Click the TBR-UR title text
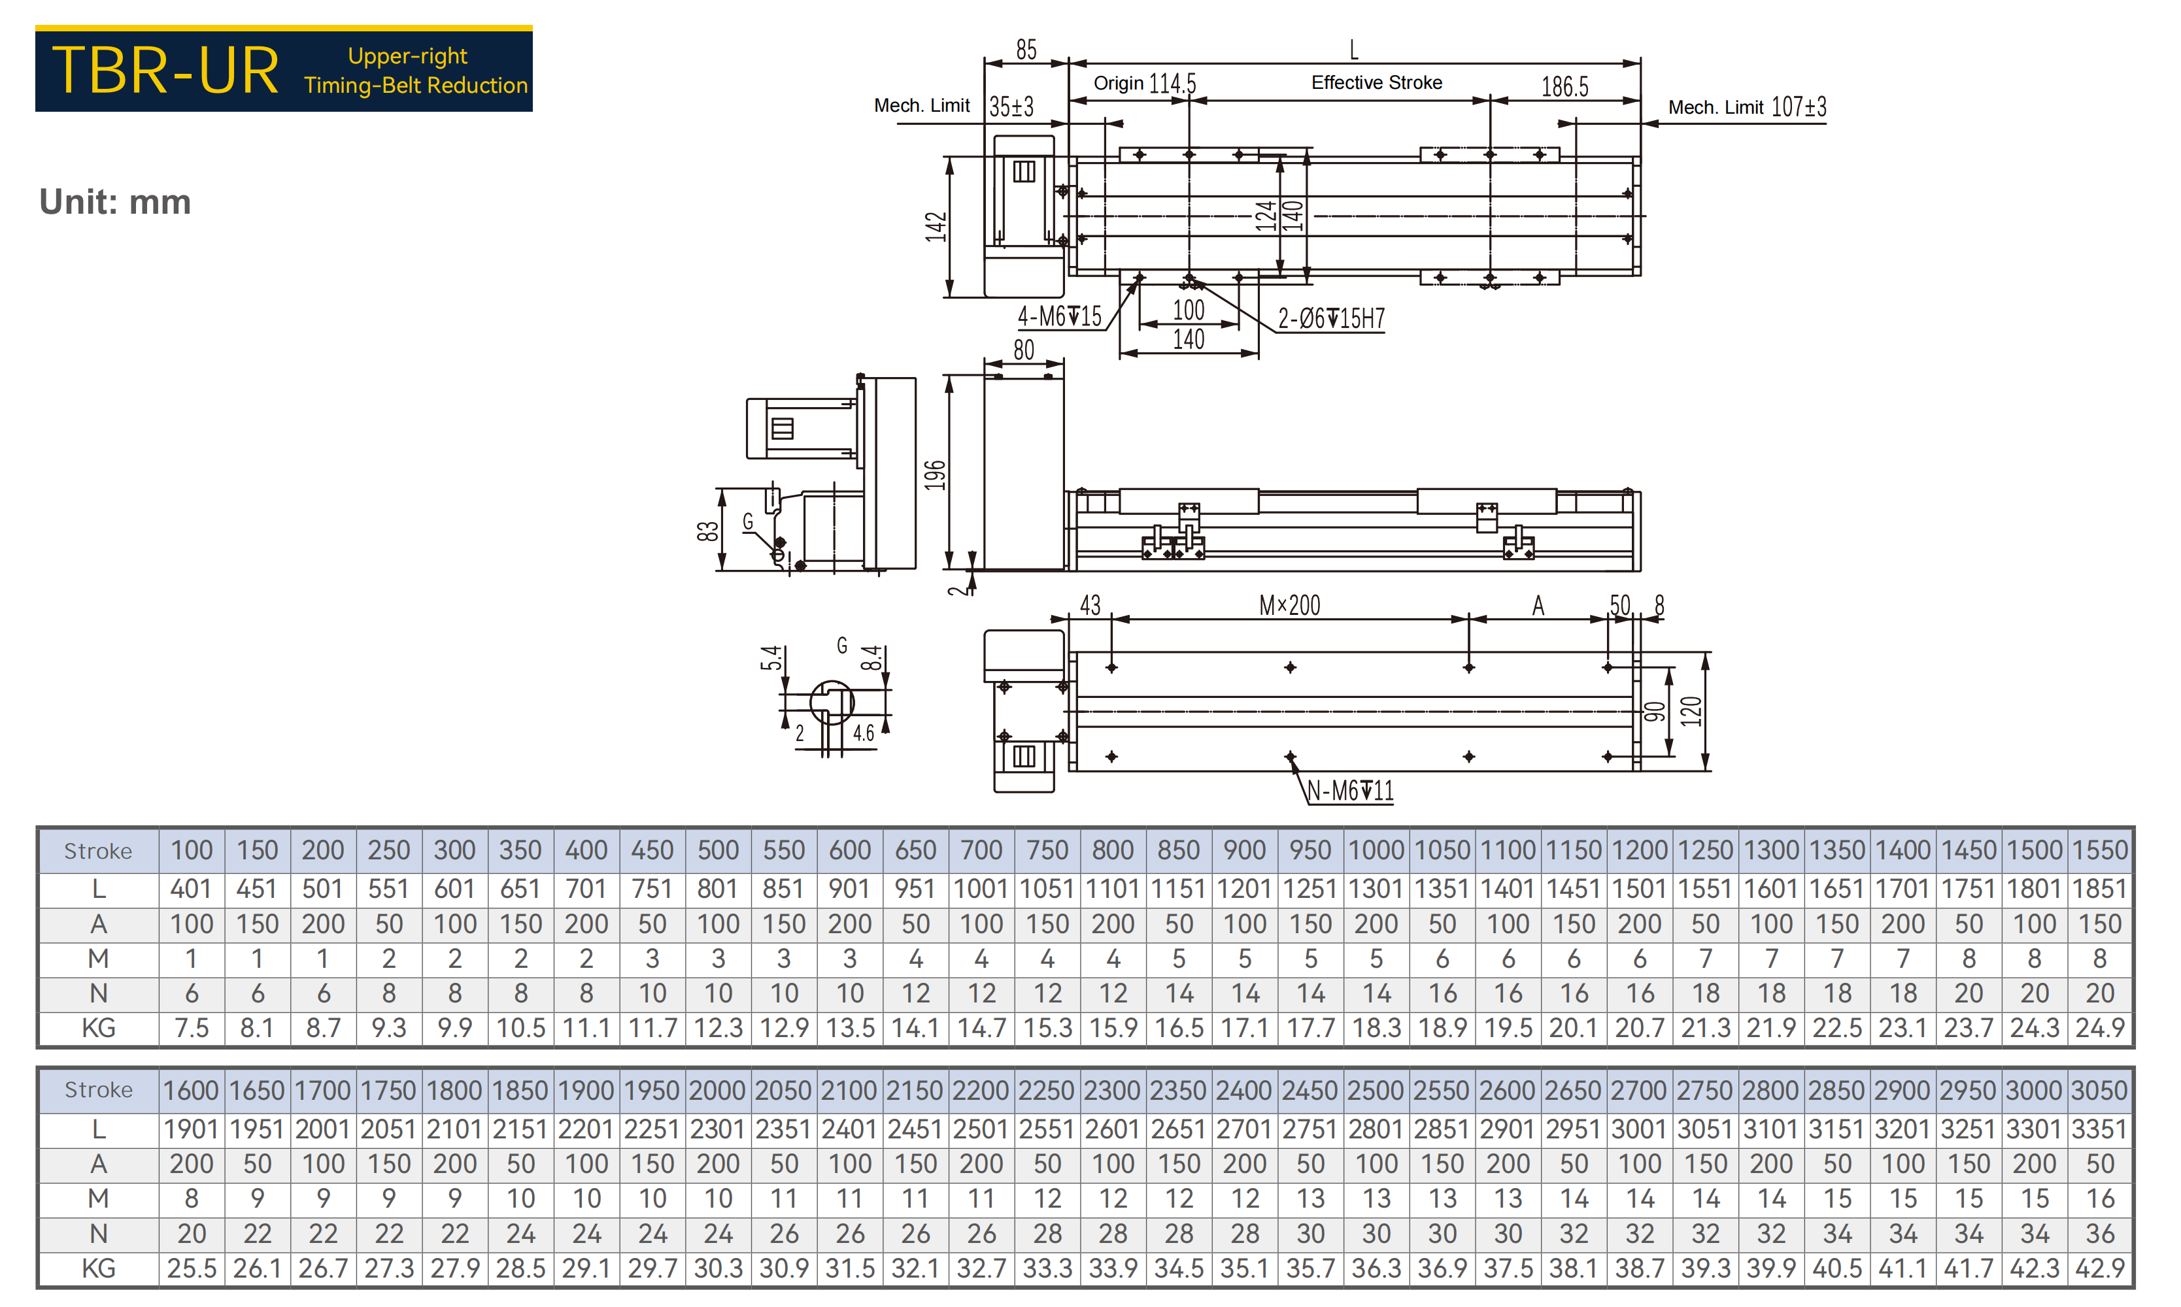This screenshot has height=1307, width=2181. click(x=165, y=71)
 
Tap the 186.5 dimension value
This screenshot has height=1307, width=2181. click(x=1564, y=86)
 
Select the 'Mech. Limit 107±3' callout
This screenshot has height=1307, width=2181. click(x=1747, y=107)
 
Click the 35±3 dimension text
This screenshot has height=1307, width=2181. click(x=1011, y=107)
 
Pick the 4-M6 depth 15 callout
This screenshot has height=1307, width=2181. click(x=1060, y=316)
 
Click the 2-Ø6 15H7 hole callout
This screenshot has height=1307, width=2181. click(x=1331, y=318)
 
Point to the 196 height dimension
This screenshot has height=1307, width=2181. click(x=935, y=474)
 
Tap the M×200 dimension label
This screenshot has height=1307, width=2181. click(x=1289, y=605)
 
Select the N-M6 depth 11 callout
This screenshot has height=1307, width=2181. click(x=1350, y=790)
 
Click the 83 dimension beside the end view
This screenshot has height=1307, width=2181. click(x=707, y=531)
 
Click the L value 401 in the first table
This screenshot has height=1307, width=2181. click(x=191, y=889)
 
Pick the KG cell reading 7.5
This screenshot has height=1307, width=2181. click(x=191, y=1028)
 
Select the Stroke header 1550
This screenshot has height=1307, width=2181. click(x=2100, y=850)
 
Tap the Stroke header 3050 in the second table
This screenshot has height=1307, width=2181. click(x=2100, y=1090)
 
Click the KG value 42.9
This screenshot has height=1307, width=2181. click(x=2100, y=1268)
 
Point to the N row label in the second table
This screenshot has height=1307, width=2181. click(x=98, y=1234)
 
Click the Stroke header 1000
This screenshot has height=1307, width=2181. click(x=1376, y=850)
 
